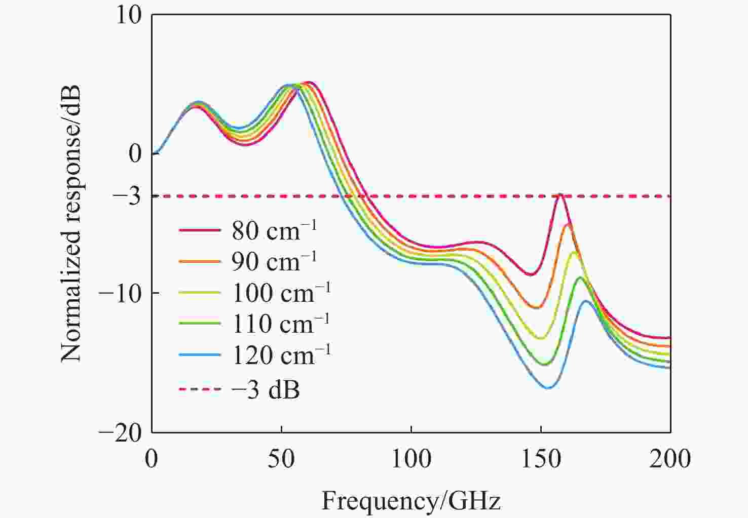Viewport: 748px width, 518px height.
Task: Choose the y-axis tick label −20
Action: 120,432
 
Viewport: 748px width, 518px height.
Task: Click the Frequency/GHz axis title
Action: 411,501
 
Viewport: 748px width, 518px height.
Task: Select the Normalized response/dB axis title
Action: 71,223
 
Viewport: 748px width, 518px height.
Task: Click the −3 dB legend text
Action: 266,389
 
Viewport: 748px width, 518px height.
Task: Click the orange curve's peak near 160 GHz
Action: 569,224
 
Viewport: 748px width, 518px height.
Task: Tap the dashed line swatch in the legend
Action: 200,389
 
